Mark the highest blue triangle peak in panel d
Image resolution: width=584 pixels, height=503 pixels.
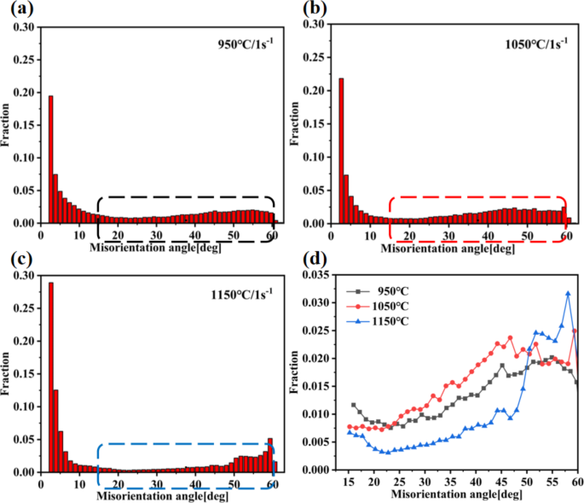[x=568, y=293]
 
